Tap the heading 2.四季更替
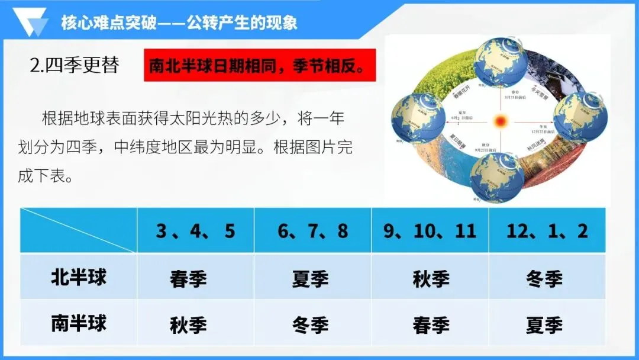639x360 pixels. point(74,65)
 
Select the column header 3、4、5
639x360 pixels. point(195,231)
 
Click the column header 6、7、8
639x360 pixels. point(313,231)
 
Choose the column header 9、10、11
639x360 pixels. point(430,231)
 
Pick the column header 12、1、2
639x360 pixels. point(547,231)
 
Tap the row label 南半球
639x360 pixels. point(79,324)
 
